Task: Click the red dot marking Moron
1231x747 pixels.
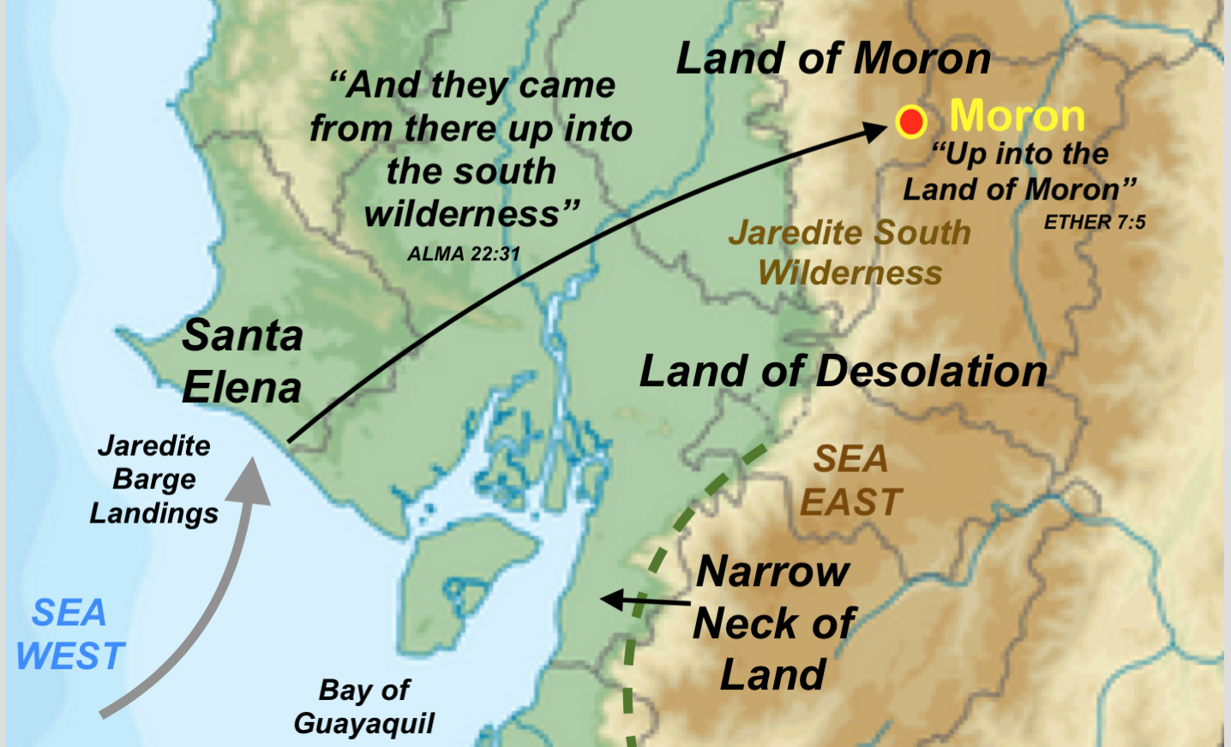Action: pos(910,122)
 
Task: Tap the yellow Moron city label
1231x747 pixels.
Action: pos(1017,116)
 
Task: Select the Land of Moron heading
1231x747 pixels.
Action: pos(833,59)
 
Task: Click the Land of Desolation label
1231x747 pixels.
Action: pos(844,372)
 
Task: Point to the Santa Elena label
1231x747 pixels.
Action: pos(242,362)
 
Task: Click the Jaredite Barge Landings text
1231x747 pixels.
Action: pos(154,479)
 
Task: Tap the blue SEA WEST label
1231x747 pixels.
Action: pos(70,635)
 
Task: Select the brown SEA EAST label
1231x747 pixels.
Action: pos(850,481)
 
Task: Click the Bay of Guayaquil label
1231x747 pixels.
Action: pos(364,707)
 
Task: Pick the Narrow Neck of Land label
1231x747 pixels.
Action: pos(773,623)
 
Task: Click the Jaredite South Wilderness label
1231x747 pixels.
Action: pos(850,253)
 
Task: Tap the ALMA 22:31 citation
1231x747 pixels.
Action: pos(464,254)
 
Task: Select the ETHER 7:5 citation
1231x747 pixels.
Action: pos(1095,223)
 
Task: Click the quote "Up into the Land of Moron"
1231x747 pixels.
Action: pos(1020,171)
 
